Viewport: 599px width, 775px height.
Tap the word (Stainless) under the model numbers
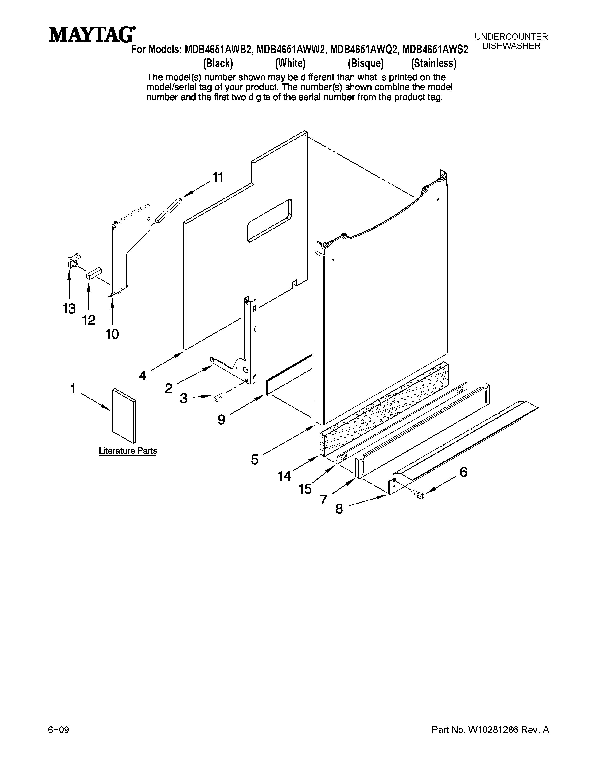(434, 63)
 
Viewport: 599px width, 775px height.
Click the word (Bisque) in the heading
(366, 63)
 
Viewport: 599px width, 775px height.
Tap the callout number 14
(284, 476)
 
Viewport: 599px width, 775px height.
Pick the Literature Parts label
(128, 451)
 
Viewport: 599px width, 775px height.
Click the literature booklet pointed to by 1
(124, 416)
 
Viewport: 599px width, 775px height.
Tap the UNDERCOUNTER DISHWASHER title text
(511, 41)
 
